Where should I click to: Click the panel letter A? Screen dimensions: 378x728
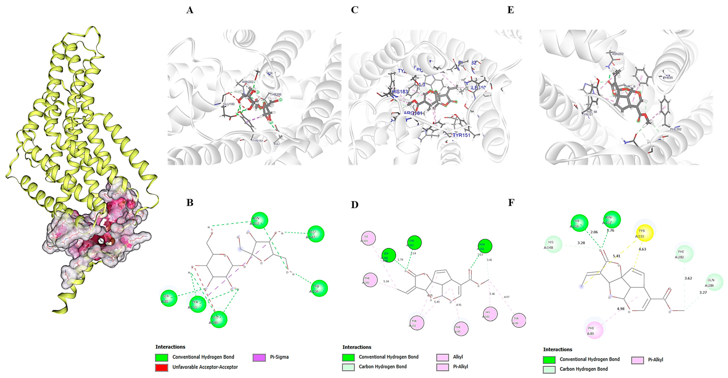(190, 10)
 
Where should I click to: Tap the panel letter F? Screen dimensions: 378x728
(511, 203)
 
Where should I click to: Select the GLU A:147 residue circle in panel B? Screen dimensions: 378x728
(315, 234)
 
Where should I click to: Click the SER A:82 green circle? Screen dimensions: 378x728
(169, 298)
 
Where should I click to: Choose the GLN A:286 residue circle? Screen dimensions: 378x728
(714, 282)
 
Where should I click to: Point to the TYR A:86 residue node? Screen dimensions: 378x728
(519, 320)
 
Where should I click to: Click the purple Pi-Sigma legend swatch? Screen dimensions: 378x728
(259, 357)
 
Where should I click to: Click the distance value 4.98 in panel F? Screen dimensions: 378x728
(621, 309)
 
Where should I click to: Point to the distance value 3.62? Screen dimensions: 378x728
(688, 278)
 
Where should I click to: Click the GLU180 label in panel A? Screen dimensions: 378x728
(229, 104)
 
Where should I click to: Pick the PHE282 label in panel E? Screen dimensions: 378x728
(675, 129)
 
